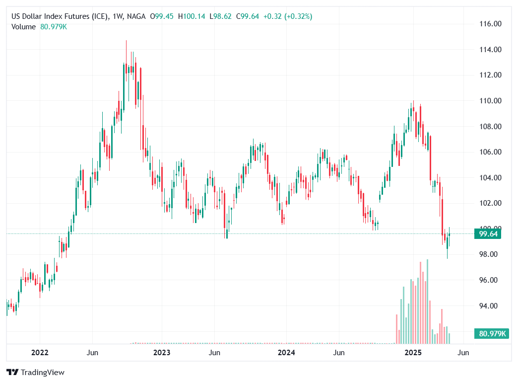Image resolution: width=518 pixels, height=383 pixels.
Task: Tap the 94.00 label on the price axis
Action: pyautogui.click(x=490, y=306)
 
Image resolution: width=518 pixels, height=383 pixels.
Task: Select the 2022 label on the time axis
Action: pyautogui.click(x=40, y=353)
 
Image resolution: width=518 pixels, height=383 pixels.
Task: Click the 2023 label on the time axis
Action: pyautogui.click(x=162, y=353)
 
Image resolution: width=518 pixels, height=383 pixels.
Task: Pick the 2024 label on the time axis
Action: pyautogui.click(x=286, y=353)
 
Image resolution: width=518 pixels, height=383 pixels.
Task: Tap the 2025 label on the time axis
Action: pyautogui.click(x=413, y=353)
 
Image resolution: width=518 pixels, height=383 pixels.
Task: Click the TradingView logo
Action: pyautogui.click(x=35, y=372)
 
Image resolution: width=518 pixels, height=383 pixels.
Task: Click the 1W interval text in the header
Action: pyautogui.click(x=118, y=17)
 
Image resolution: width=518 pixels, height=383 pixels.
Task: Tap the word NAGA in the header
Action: pyautogui.click(x=136, y=17)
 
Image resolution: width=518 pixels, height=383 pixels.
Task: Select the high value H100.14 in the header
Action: pyautogui.click(x=191, y=17)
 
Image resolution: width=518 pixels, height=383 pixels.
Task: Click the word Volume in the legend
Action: pyautogui.click(x=23, y=27)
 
